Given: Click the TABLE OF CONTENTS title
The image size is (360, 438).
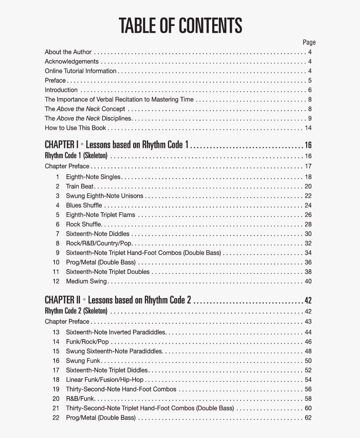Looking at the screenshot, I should click(x=180, y=26).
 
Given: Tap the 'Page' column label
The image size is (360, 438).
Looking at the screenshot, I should click(x=309, y=42).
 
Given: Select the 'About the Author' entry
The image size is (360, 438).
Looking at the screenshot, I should click(x=68, y=52).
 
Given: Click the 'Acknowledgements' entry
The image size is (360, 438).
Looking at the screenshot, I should click(x=72, y=62).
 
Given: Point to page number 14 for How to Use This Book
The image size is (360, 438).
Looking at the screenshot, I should click(x=308, y=128).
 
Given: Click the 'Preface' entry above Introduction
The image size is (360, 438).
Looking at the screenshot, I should click(x=55, y=80).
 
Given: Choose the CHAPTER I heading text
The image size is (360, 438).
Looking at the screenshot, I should click(x=117, y=145).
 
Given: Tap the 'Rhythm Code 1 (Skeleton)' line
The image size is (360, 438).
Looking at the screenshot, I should click(x=76, y=156).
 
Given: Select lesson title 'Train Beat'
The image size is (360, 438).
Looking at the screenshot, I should click(x=80, y=186).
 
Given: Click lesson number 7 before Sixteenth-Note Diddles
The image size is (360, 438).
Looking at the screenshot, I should click(x=58, y=234).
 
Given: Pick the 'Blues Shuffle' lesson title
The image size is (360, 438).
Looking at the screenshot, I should click(x=84, y=205).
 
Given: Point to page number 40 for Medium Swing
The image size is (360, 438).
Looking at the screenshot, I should click(x=308, y=281).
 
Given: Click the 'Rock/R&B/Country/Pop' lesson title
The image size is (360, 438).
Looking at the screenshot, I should click(x=99, y=243).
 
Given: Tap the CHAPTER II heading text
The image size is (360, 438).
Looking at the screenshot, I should click(x=118, y=300).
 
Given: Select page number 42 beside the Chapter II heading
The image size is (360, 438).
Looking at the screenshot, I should click(x=308, y=301).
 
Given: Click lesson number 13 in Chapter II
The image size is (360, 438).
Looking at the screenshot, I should click(x=56, y=332).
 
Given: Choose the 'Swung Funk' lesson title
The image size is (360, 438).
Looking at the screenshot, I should click(x=83, y=361).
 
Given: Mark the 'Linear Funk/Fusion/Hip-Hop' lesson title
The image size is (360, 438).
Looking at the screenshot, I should click(x=105, y=380).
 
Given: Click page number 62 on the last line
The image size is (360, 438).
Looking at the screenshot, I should click(x=308, y=417).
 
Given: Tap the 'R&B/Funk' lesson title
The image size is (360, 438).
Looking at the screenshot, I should click(x=80, y=399).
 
